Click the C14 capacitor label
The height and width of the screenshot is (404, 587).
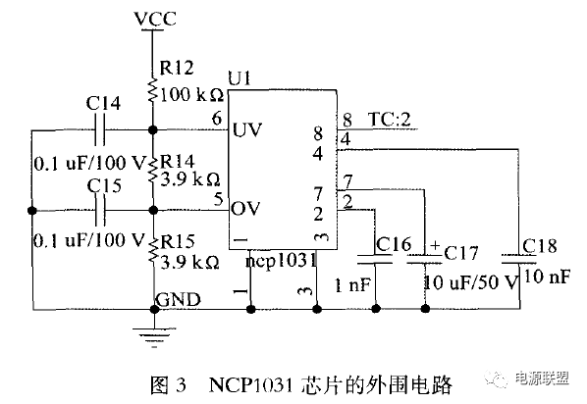coord(104,103)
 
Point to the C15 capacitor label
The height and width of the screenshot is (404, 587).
coord(104,185)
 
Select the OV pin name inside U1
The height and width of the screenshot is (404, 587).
coord(246,210)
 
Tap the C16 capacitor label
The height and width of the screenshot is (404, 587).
coord(394,244)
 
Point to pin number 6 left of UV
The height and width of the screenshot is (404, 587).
coord(215,120)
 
